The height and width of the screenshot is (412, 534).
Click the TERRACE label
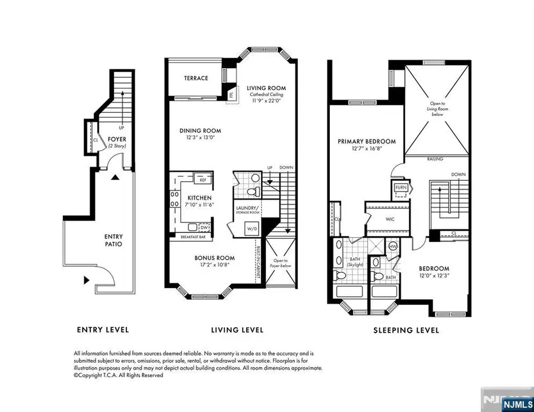195,78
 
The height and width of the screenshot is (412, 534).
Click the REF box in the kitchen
202,179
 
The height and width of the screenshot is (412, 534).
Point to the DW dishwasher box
204,227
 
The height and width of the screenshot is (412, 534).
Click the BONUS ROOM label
215,258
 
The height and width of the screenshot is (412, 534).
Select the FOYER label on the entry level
116,140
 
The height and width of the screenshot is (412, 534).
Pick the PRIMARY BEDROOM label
366,142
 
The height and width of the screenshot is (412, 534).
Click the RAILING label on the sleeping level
436,159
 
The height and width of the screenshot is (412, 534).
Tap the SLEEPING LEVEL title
406,330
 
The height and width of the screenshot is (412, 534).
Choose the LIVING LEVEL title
237,330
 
